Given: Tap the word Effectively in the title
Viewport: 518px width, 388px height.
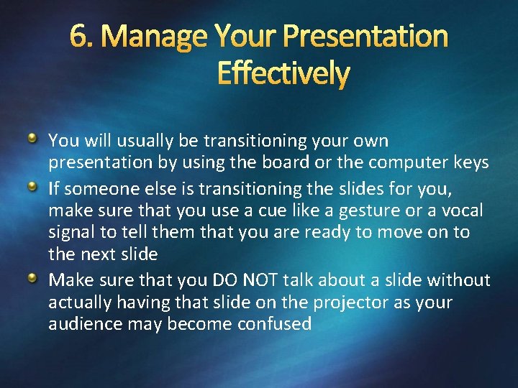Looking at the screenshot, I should point(283,73).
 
